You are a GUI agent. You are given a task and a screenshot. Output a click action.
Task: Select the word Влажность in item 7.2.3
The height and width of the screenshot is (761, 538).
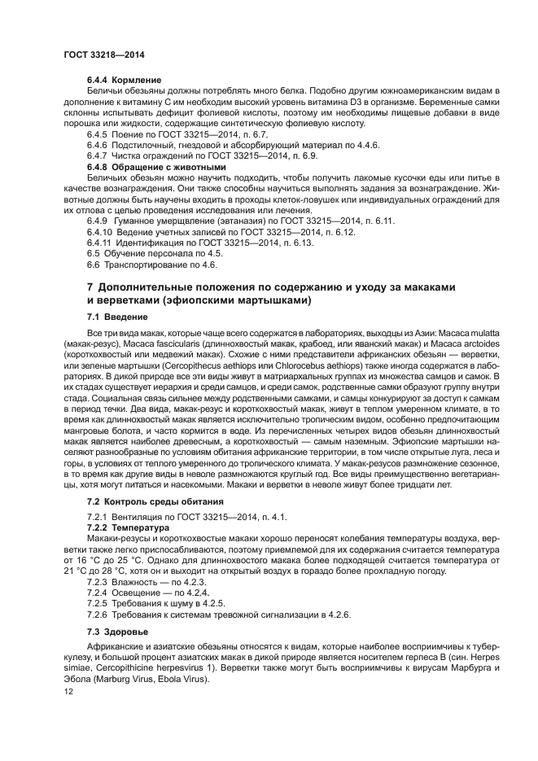137,583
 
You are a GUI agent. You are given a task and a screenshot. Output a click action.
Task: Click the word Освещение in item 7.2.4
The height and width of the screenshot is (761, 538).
138,594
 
